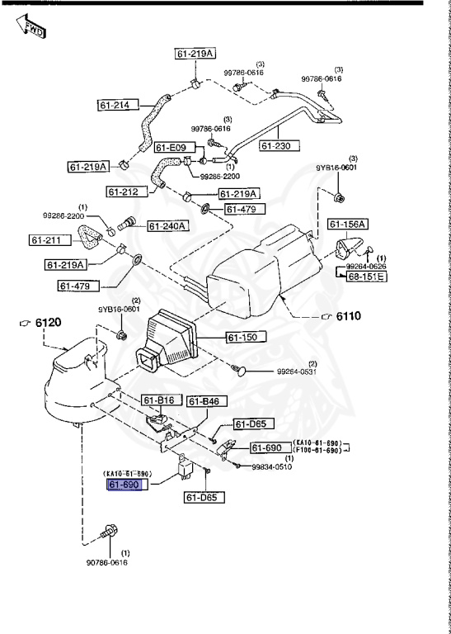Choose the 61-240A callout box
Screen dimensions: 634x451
(x=168, y=225)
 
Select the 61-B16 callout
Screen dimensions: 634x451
(x=158, y=400)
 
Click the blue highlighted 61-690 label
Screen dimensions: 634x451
(x=126, y=485)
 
